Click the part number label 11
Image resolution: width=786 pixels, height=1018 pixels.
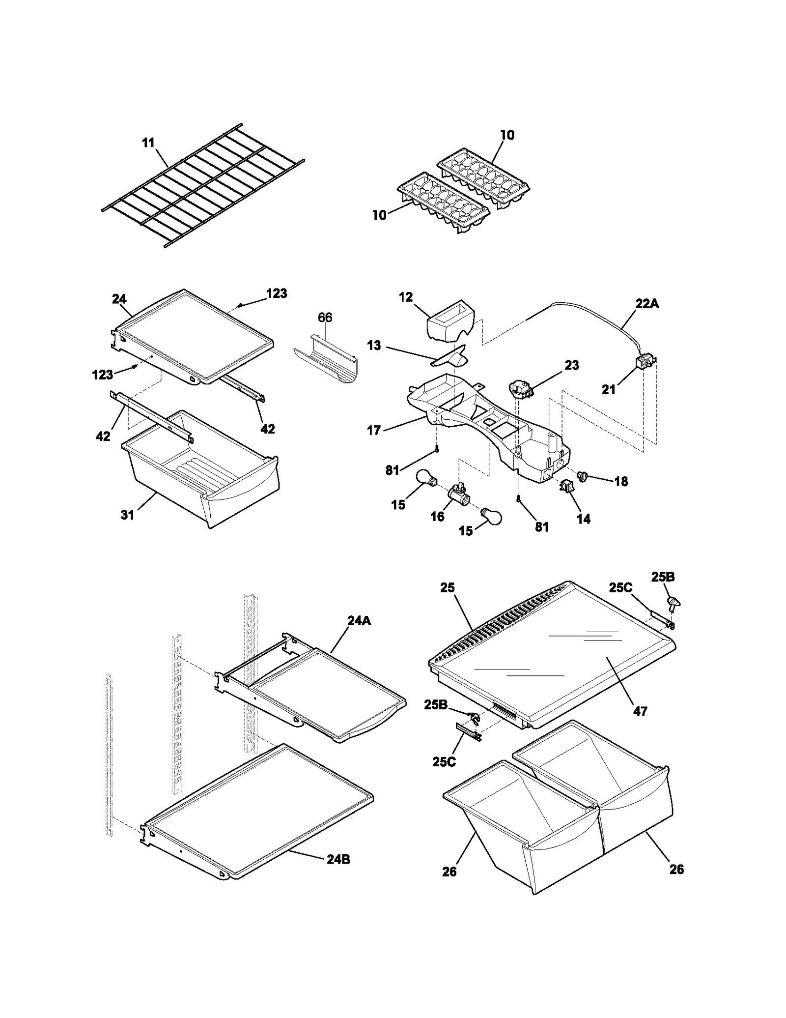coord(148,143)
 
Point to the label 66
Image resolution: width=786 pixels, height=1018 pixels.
coord(325,318)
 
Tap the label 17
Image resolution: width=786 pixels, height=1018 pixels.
coord(374,431)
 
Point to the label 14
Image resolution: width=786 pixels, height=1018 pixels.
coord(583,519)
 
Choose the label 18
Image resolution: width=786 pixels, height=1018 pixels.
coord(621,481)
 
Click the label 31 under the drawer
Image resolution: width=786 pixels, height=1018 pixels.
coord(127,515)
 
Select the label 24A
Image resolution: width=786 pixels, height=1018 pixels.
coord(359,621)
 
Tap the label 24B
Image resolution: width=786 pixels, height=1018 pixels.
coord(338,859)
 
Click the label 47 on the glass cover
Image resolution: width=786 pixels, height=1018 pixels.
coord(640,711)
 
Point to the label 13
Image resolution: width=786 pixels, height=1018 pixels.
coord(374,345)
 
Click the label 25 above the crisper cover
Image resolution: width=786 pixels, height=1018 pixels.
coord(448,588)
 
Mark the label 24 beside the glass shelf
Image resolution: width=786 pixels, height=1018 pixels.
coord(119,299)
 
